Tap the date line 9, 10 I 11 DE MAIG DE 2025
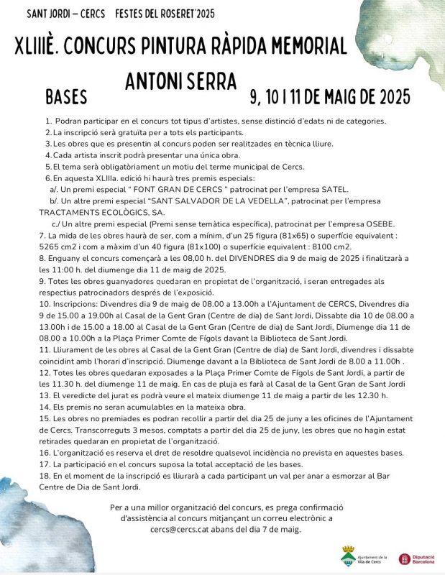click(330, 96)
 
